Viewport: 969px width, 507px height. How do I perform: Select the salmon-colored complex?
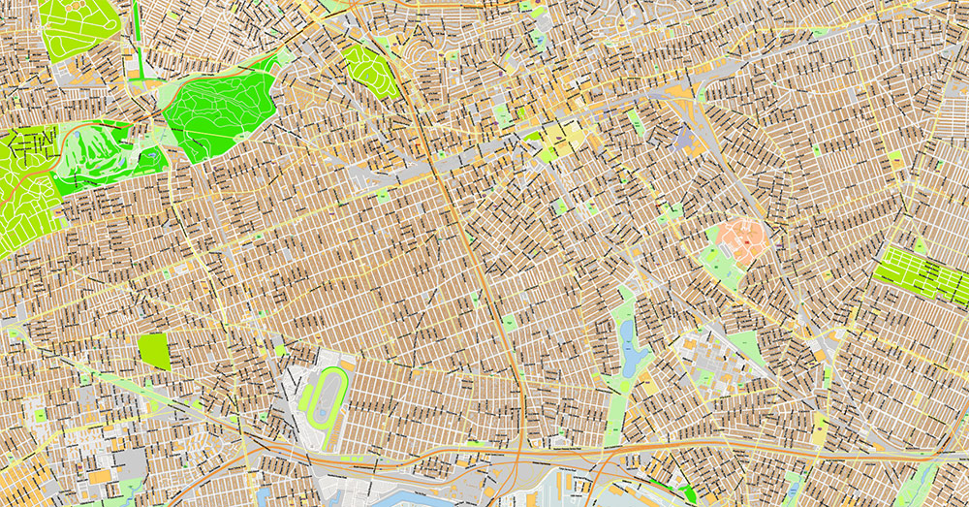741,237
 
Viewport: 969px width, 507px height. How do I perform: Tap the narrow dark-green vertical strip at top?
138,29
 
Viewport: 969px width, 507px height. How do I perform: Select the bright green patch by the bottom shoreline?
689,493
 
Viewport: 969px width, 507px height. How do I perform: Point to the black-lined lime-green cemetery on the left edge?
21,189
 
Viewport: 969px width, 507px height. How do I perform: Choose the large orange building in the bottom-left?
100,477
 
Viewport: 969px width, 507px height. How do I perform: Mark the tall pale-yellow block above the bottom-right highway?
819,427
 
